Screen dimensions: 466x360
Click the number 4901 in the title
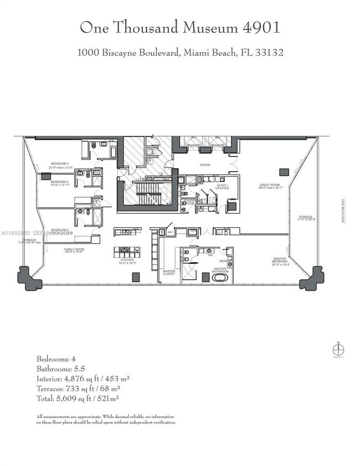tap(260, 27)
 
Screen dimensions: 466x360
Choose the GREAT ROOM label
tap(271, 186)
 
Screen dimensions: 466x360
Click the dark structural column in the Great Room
tap(284, 172)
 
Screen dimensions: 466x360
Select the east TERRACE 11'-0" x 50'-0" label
tap(305, 218)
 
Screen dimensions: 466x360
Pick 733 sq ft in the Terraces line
tap(81, 388)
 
